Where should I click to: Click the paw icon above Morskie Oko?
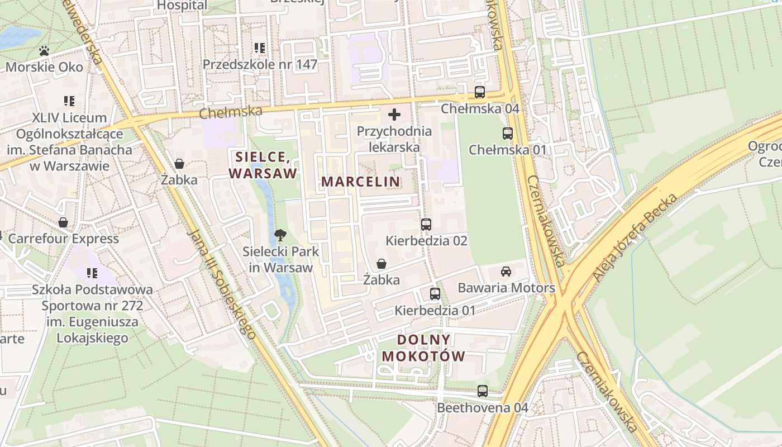[x=44, y=51]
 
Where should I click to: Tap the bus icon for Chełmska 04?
[x=480, y=92]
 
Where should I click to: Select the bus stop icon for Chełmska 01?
[x=507, y=134]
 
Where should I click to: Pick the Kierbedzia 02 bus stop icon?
[x=426, y=225]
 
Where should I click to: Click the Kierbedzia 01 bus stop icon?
[x=435, y=294]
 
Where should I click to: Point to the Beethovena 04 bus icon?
[x=482, y=391]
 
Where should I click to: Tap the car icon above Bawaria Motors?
[x=506, y=272]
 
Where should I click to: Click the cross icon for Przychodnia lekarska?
[x=394, y=115]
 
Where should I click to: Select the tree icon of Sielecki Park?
[x=280, y=235]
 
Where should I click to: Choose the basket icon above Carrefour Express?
[x=63, y=222]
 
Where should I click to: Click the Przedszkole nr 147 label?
[x=260, y=64]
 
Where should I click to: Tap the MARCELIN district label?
[x=361, y=182]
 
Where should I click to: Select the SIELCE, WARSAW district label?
[x=263, y=165]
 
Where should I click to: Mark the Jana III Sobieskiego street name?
[x=222, y=284]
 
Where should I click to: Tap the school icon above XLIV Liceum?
[x=69, y=101]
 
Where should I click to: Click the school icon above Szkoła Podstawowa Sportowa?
[x=92, y=273]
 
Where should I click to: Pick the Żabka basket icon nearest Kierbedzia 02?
[x=382, y=264]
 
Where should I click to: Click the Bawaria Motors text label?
[x=506, y=288]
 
